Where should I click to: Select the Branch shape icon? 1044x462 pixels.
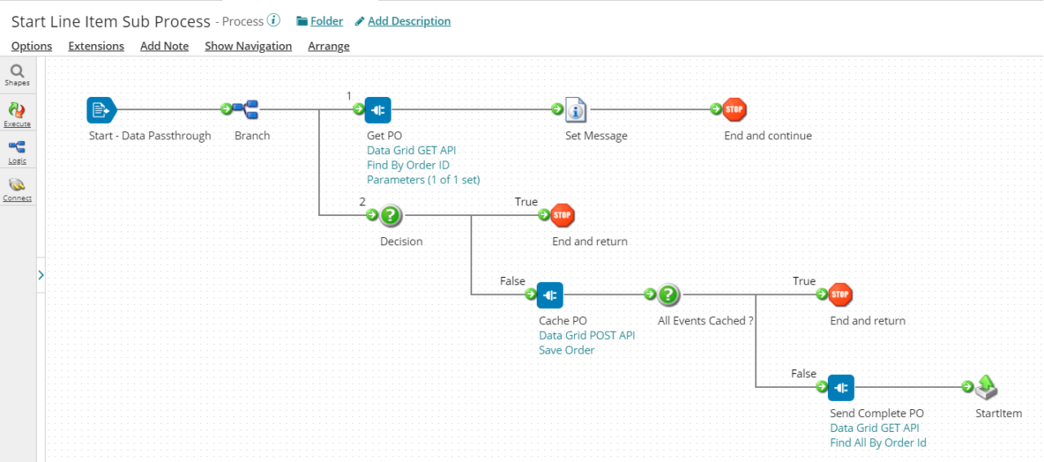pos(245,109)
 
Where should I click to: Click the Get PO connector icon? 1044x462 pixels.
pos(378,109)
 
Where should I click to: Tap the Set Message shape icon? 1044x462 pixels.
pos(576,109)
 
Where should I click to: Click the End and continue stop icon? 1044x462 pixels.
pos(734,109)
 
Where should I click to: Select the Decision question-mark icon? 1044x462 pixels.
pos(391,215)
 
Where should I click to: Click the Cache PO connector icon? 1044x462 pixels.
pos(550,294)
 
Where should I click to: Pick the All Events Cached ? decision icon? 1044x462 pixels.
pos(669,294)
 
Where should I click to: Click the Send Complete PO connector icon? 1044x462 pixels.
pos(841,387)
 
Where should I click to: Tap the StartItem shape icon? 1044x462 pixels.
pos(987,387)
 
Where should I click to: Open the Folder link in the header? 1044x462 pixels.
pos(320,21)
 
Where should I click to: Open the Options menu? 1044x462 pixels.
pos(32,46)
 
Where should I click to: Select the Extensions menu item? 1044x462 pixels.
pos(96,46)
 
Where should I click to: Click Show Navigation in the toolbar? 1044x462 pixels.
pos(248,46)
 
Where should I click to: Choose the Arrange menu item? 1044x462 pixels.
pos(329,46)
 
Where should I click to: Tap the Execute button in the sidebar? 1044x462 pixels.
pos(17,113)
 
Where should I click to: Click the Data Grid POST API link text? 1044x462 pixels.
pos(586,336)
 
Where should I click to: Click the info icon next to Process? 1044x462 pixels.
pos(274,20)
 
